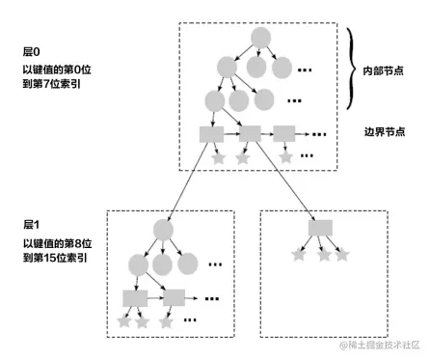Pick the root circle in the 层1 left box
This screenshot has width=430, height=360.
[164, 229]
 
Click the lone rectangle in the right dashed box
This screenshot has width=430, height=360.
[320, 228]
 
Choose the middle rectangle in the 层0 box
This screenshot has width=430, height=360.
[249, 134]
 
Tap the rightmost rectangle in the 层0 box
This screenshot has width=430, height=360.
[283, 134]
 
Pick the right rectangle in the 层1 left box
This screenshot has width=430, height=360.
[174, 298]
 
